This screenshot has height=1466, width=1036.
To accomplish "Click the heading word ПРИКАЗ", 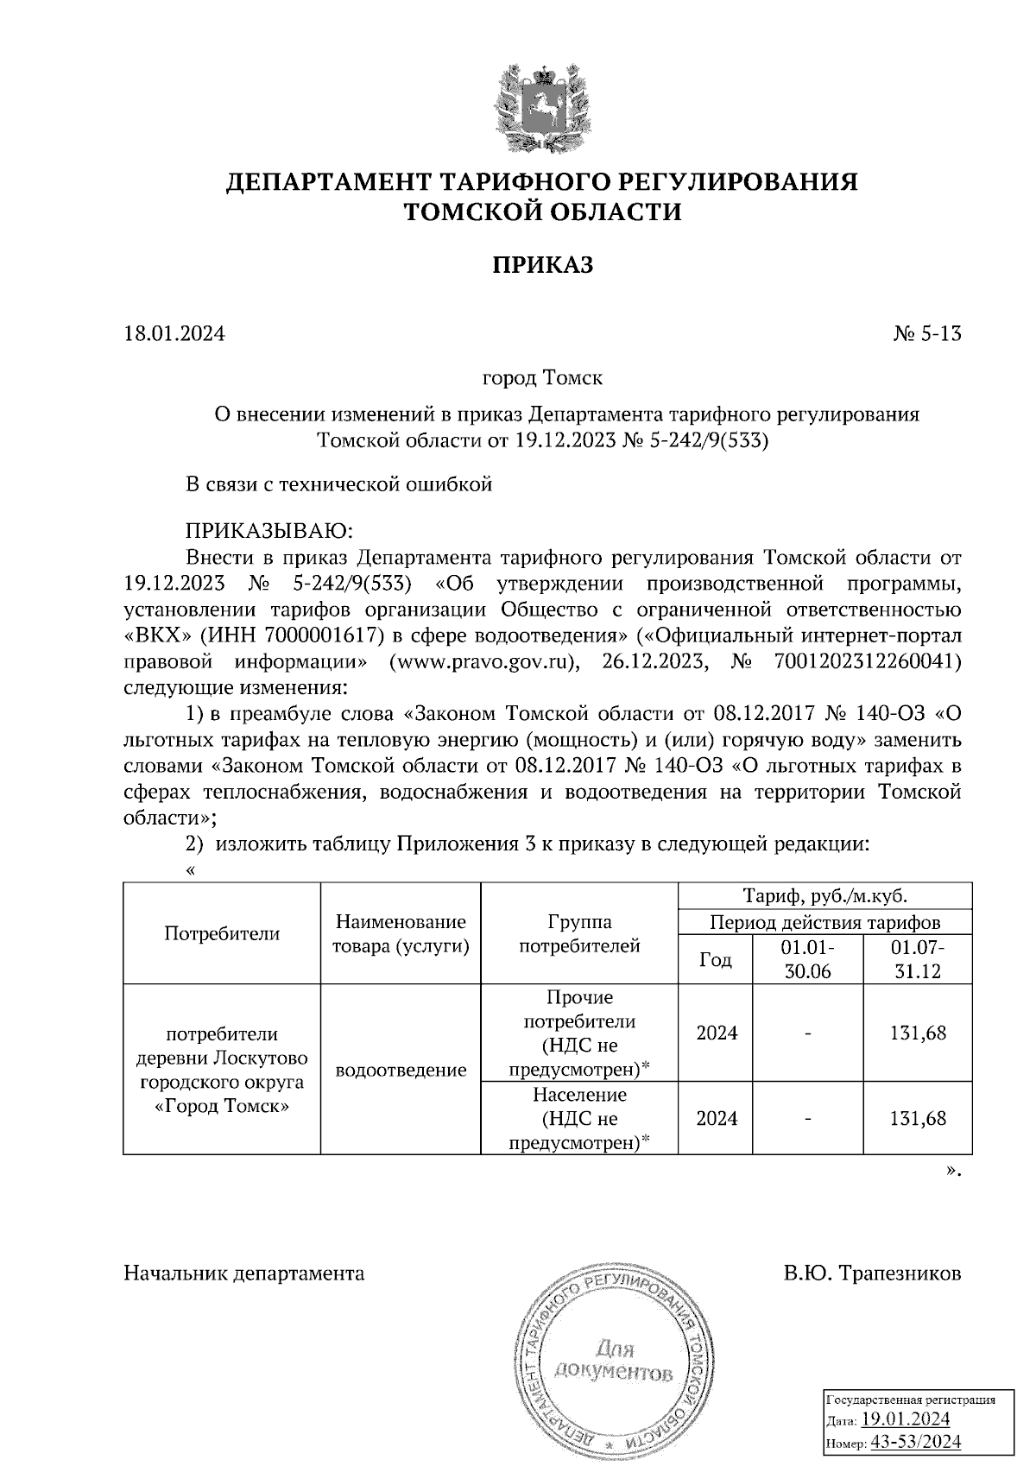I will [543, 265].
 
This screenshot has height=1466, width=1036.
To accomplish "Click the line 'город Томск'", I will [542, 378].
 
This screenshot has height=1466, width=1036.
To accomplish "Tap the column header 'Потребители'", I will [222, 933].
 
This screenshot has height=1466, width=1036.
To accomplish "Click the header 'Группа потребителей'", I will [579, 933].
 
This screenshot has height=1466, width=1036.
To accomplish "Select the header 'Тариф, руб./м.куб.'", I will [825, 895].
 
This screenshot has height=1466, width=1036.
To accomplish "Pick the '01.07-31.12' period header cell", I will [918, 958].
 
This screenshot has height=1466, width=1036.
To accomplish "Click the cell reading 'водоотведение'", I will [401, 1071].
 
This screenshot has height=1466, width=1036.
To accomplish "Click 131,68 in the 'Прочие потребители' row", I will [918, 1033].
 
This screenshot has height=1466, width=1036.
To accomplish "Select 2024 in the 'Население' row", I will [717, 1119].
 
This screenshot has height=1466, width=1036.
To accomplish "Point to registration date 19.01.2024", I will [906, 1419].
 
